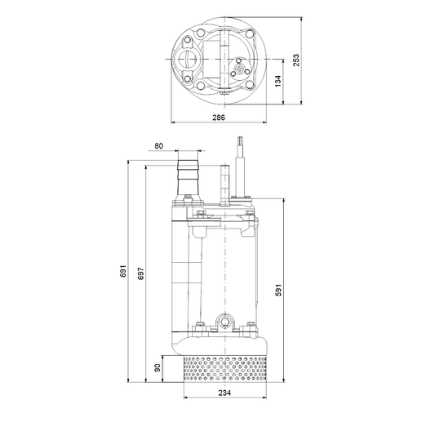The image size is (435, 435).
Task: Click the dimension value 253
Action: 296,60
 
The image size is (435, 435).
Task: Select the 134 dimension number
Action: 277,81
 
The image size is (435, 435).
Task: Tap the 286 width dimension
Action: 219,118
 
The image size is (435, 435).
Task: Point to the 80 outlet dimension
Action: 158,146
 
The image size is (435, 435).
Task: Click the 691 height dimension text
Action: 123,271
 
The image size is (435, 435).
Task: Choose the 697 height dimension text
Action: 141,273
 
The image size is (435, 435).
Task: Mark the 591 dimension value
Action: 278,290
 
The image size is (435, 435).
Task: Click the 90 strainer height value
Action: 158,368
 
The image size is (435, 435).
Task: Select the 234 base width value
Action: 224,393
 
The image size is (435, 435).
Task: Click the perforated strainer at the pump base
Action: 225,369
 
